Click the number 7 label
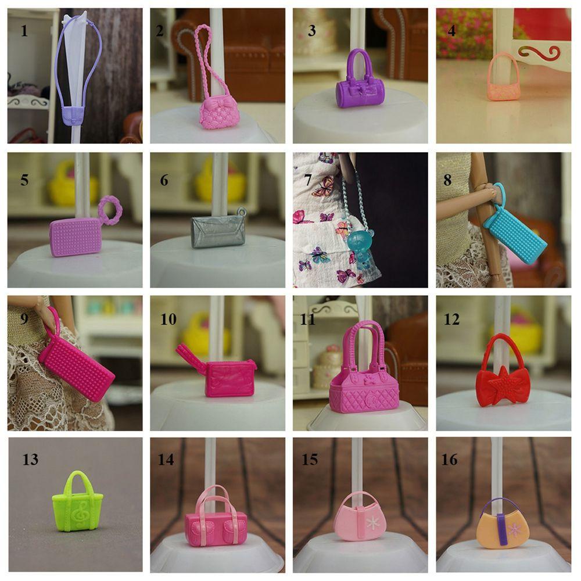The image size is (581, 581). point(307,180)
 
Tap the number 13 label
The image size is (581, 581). point(30,460)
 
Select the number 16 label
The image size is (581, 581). point(450,460)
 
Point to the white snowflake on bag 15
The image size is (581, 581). point(372,523)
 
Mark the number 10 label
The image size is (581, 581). point(168,319)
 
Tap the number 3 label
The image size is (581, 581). point(312,31)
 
